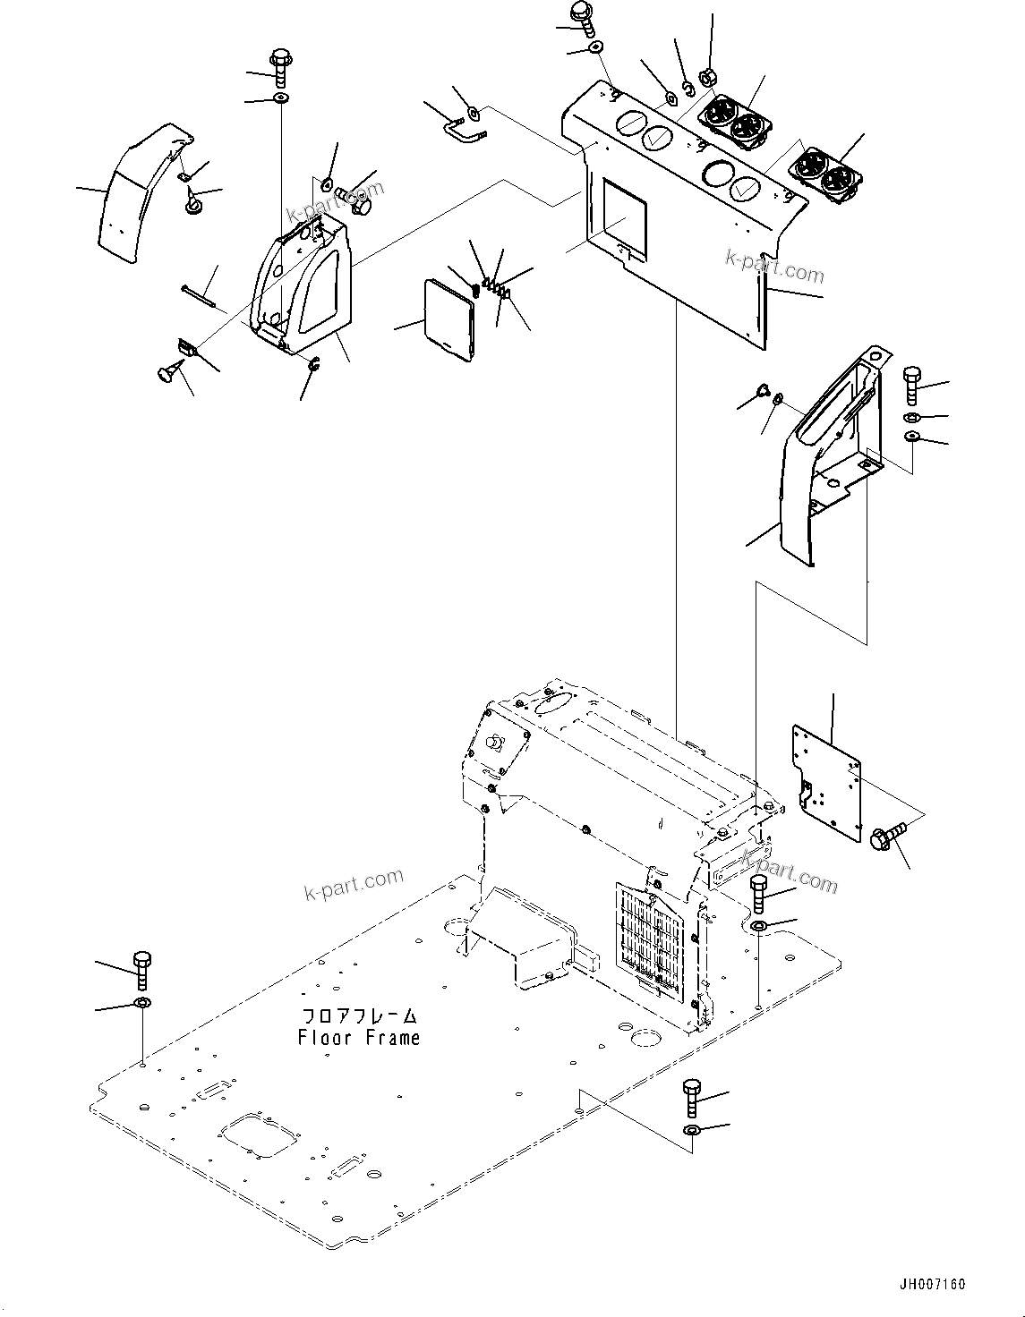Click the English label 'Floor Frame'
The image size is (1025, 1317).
click(358, 1038)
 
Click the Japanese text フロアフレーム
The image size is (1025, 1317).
click(359, 1016)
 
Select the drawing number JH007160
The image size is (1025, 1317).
click(934, 1285)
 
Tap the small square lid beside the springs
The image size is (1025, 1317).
click(448, 320)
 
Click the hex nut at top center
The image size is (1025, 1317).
click(705, 79)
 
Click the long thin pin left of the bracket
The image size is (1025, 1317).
click(201, 295)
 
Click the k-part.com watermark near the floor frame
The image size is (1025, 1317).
click(354, 887)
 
